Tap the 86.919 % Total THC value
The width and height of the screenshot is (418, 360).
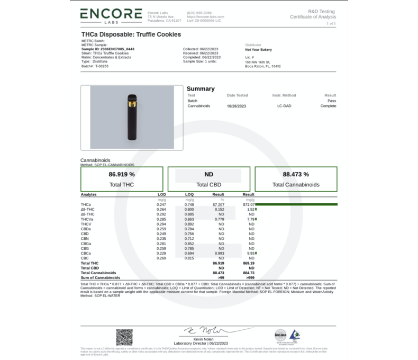(122, 174)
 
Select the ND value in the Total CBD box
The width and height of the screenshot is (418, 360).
(208, 174)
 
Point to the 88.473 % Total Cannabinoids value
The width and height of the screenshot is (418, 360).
(296, 174)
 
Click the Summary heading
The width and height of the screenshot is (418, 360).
(201, 89)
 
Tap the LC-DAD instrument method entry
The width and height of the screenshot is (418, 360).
(284, 106)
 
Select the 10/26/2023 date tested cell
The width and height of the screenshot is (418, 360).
(237, 106)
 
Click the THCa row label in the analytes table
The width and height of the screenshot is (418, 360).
(86, 204)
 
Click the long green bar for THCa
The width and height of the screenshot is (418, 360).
(296, 204)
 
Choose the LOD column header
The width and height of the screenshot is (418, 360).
(161, 195)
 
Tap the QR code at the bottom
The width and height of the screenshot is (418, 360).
(124, 336)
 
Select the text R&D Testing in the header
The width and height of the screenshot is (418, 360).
(321, 11)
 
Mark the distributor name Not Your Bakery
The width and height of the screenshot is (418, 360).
(259, 50)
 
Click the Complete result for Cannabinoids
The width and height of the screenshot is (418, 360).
(328, 106)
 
